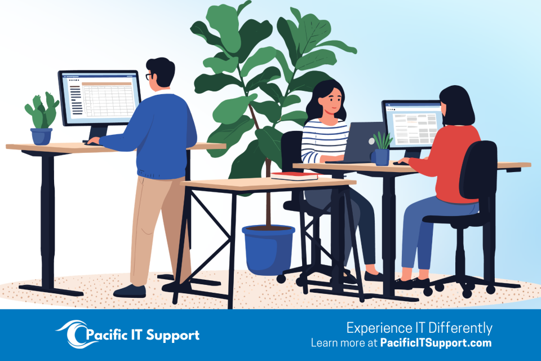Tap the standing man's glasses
pyautogui.click(x=148, y=76)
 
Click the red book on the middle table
pyautogui.click(x=294, y=176)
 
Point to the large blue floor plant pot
pyautogui.click(x=268, y=249)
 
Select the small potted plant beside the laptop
pyautogui.click(x=382, y=148)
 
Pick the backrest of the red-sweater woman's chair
pyautogui.click(x=478, y=170)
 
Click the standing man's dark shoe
pyautogui.click(x=130, y=291)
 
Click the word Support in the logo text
pyautogui.click(x=173, y=336)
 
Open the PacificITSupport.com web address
pyautogui.click(x=436, y=343)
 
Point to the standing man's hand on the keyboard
pyautogui.click(x=93, y=140)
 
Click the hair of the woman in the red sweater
pyautogui.click(x=456, y=105)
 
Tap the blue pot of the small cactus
pyautogui.click(x=41, y=137)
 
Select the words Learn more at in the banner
pyautogui.click(x=344, y=343)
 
